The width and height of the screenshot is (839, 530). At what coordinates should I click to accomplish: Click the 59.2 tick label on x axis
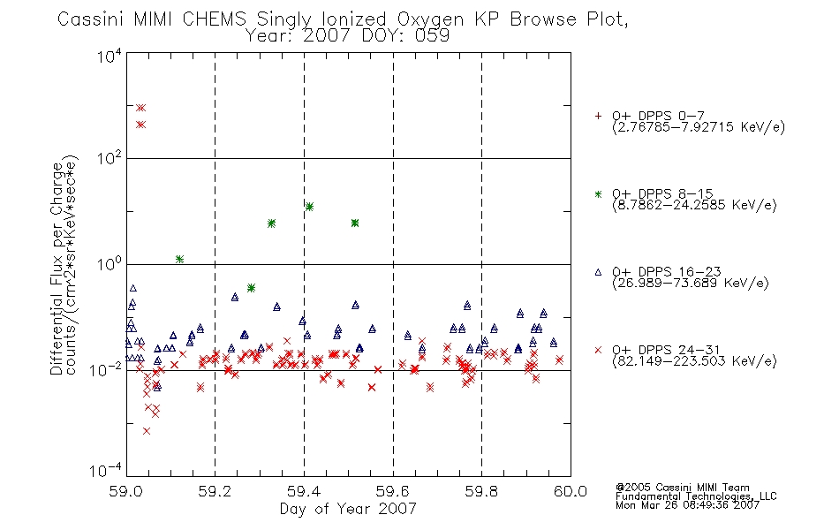[x=215, y=491]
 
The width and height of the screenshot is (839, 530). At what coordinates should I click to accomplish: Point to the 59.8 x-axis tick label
[x=481, y=491]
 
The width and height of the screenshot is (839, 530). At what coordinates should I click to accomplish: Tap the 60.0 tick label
[x=571, y=491]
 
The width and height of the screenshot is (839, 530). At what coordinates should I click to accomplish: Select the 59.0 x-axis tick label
[x=125, y=491]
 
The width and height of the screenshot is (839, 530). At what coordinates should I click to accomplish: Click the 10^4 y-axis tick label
[x=110, y=56]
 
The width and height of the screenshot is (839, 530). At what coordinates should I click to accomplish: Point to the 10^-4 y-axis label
[x=106, y=470]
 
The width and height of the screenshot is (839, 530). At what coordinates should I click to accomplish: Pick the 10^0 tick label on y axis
[x=110, y=264]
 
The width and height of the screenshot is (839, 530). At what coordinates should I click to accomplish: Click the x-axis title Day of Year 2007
[x=348, y=509]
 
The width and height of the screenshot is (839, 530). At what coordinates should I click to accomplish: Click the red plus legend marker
[x=598, y=116]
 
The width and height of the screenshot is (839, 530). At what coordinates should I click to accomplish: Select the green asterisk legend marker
[x=598, y=193]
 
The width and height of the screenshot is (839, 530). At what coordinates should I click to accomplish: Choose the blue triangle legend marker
[x=598, y=272]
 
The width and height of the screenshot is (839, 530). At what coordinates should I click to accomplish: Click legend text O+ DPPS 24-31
[x=666, y=350]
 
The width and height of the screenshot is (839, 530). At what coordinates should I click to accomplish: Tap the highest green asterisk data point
[x=309, y=207]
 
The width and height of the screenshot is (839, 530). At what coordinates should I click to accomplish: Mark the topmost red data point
[x=140, y=108]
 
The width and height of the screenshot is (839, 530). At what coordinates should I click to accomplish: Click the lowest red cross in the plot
[x=147, y=431]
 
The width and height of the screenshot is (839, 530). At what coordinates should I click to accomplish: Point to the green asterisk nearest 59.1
[x=180, y=259]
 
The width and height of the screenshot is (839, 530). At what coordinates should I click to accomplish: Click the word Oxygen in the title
[x=431, y=19]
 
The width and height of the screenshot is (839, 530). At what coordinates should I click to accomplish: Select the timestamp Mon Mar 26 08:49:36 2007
[x=688, y=505]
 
